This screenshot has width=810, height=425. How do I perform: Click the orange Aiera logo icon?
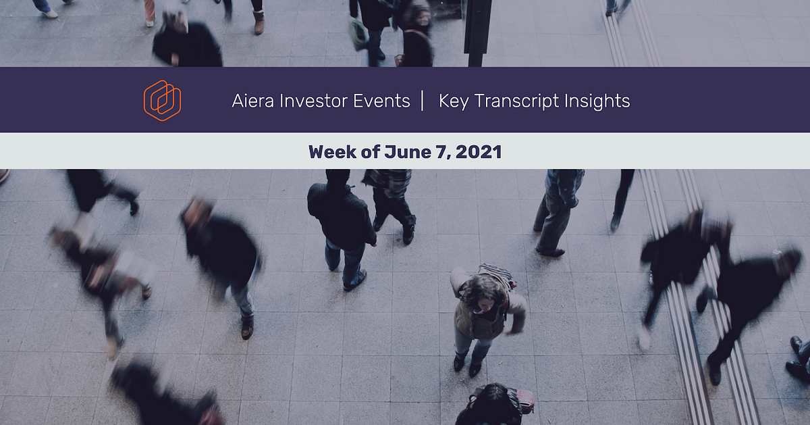162,101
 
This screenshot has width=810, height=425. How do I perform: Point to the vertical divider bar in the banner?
423,101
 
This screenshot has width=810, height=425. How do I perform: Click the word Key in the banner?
453,101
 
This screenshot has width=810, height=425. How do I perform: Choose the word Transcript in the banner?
518,101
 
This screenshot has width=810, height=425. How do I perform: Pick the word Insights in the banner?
598,101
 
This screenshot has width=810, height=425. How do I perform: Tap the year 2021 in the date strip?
479,151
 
